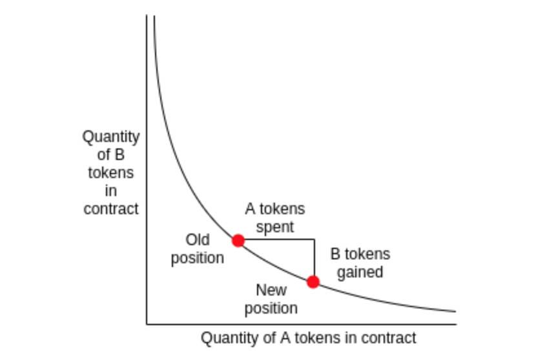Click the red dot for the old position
[238, 241]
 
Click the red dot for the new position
[313, 281]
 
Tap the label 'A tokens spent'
[274, 218]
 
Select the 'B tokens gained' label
[360, 263]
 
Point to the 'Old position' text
[198, 249]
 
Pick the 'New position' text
[271, 299]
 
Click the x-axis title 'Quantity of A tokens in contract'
[309, 338]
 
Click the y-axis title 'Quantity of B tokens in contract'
[111, 173]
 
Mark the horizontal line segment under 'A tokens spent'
[276, 239]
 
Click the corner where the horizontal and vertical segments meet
[314, 239]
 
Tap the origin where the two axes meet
[147, 324]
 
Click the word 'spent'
[274, 227]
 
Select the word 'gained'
[360, 272]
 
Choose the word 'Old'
[198, 240]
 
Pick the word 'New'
[271, 290]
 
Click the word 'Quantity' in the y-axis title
[111, 137]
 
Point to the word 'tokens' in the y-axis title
[111, 173]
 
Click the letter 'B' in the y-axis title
[119, 155]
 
